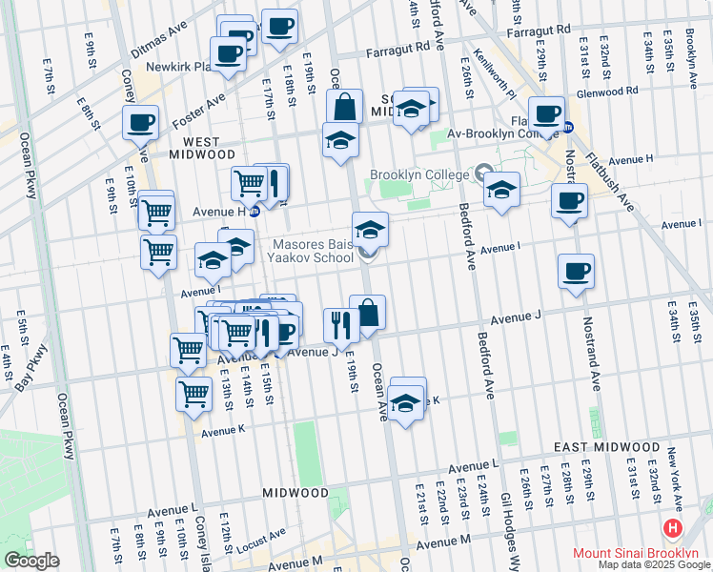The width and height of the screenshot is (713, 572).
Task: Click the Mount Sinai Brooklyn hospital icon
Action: [674, 528]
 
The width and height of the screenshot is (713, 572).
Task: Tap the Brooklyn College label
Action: [419, 175]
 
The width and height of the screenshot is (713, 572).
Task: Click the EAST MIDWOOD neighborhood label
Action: [606, 447]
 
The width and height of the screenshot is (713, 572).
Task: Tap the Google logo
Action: [31, 561]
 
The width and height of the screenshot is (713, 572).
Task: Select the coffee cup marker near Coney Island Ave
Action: [140, 121]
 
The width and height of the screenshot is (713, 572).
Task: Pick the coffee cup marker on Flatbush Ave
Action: [547, 113]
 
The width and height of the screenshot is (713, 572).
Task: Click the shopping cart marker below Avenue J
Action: [194, 392]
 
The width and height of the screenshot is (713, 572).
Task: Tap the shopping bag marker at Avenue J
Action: [367, 312]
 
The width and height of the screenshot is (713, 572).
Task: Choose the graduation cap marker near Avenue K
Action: [406, 403]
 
